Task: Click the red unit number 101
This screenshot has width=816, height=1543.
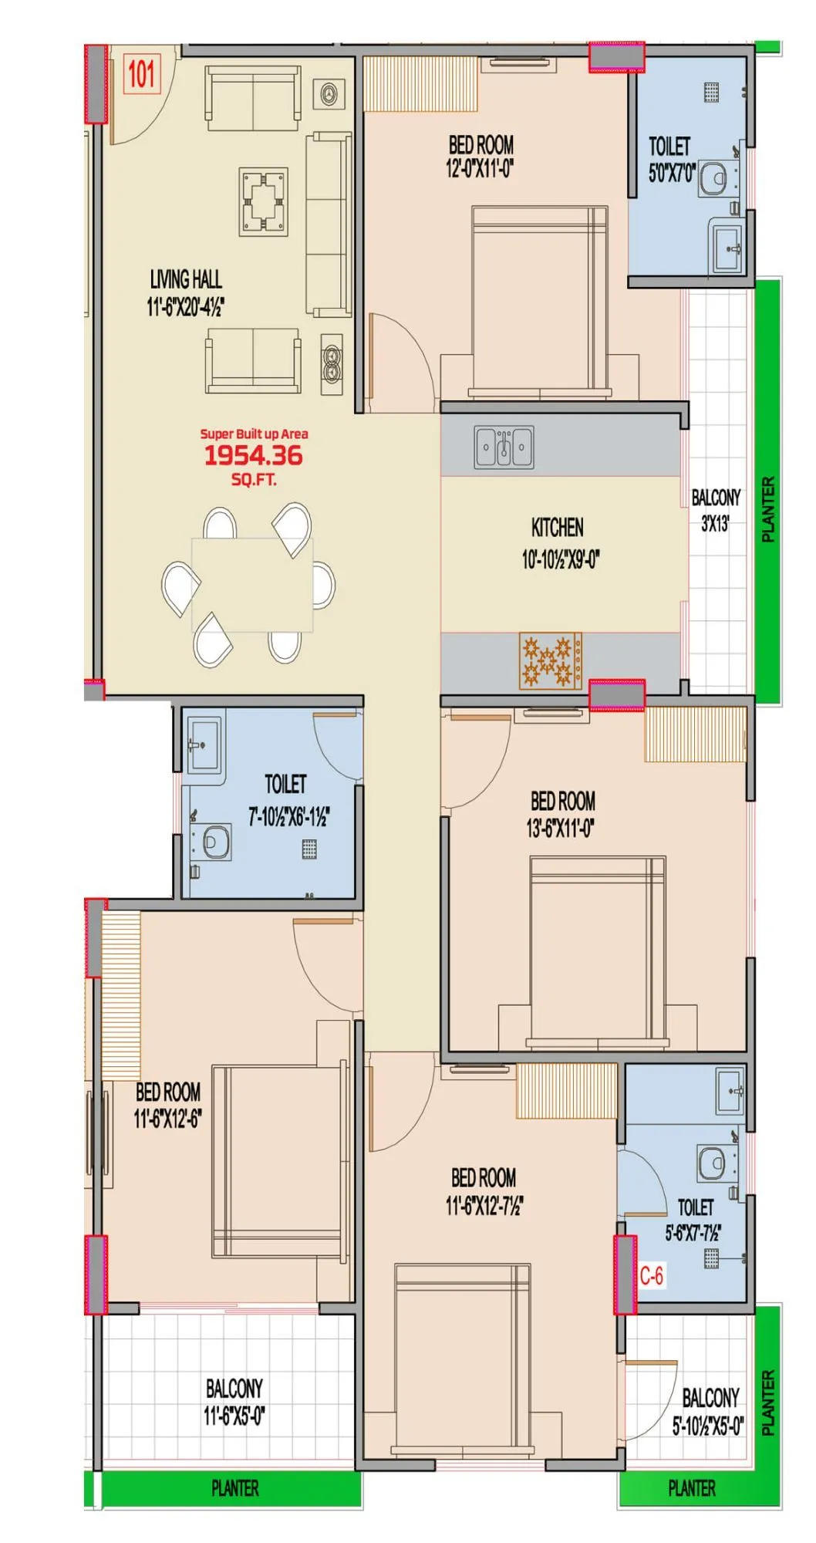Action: [142, 75]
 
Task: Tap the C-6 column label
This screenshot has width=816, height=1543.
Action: [652, 1275]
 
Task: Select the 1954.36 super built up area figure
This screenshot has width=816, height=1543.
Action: [253, 455]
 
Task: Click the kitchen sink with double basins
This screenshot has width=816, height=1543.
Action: [504, 447]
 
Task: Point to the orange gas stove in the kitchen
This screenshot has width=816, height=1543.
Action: [550, 661]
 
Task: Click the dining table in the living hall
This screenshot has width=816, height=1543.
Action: [252, 585]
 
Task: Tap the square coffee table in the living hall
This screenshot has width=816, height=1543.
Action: [264, 200]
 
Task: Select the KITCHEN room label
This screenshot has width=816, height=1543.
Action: [558, 528]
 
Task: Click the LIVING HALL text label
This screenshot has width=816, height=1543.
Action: [186, 279]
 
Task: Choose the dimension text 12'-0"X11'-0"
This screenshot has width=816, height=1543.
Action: [480, 169]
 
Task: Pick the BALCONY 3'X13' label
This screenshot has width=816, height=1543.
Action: [716, 510]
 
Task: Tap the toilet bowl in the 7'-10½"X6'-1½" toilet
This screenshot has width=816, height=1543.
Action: [217, 842]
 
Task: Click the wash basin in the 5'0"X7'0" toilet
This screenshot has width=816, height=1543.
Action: [727, 247]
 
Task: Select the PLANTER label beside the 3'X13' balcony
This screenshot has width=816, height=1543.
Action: [768, 509]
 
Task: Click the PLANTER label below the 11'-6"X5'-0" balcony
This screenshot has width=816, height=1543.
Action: [234, 1488]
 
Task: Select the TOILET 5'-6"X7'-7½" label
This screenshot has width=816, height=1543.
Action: [694, 1219]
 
